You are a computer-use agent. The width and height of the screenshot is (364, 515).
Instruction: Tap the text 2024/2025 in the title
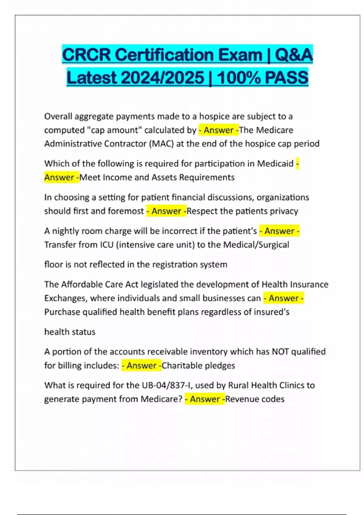162,78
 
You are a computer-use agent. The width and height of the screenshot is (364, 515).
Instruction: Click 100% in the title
238,78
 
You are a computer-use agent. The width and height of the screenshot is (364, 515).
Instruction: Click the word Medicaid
275,164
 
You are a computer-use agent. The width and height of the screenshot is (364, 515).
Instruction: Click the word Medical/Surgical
256,245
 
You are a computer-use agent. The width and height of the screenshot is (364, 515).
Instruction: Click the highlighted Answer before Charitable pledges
141,366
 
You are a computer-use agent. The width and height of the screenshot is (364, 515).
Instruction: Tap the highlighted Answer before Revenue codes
205,399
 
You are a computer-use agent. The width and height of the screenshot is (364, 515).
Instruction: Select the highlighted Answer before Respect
166,211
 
